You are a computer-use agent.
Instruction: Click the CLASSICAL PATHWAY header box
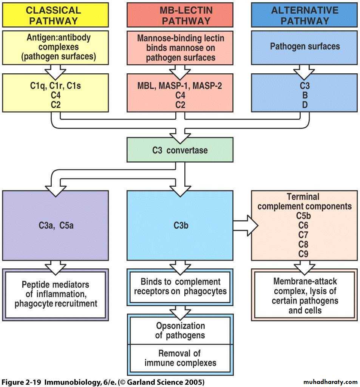(x=55, y=15)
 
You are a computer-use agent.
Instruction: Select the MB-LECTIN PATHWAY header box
(x=180, y=15)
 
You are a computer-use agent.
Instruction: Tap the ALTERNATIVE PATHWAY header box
(x=304, y=15)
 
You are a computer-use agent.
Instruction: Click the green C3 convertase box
(x=180, y=150)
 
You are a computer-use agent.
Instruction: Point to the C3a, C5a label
(x=55, y=226)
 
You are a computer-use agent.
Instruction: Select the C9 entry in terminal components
(x=303, y=254)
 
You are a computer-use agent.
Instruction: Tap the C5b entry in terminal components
(x=303, y=217)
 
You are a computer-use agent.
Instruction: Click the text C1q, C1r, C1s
(x=55, y=86)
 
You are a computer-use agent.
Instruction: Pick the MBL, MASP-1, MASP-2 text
(x=180, y=86)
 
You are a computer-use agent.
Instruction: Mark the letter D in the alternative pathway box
(x=304, y=104)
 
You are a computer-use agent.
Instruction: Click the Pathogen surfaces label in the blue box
(x=305, y=46)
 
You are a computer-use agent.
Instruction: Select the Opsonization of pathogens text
(x=181, y=330)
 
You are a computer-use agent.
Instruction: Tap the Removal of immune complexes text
(x=181, y=358)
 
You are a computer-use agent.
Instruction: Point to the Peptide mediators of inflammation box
(x=56, y=294)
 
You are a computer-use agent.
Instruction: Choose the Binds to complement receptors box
(x=181, y=286)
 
